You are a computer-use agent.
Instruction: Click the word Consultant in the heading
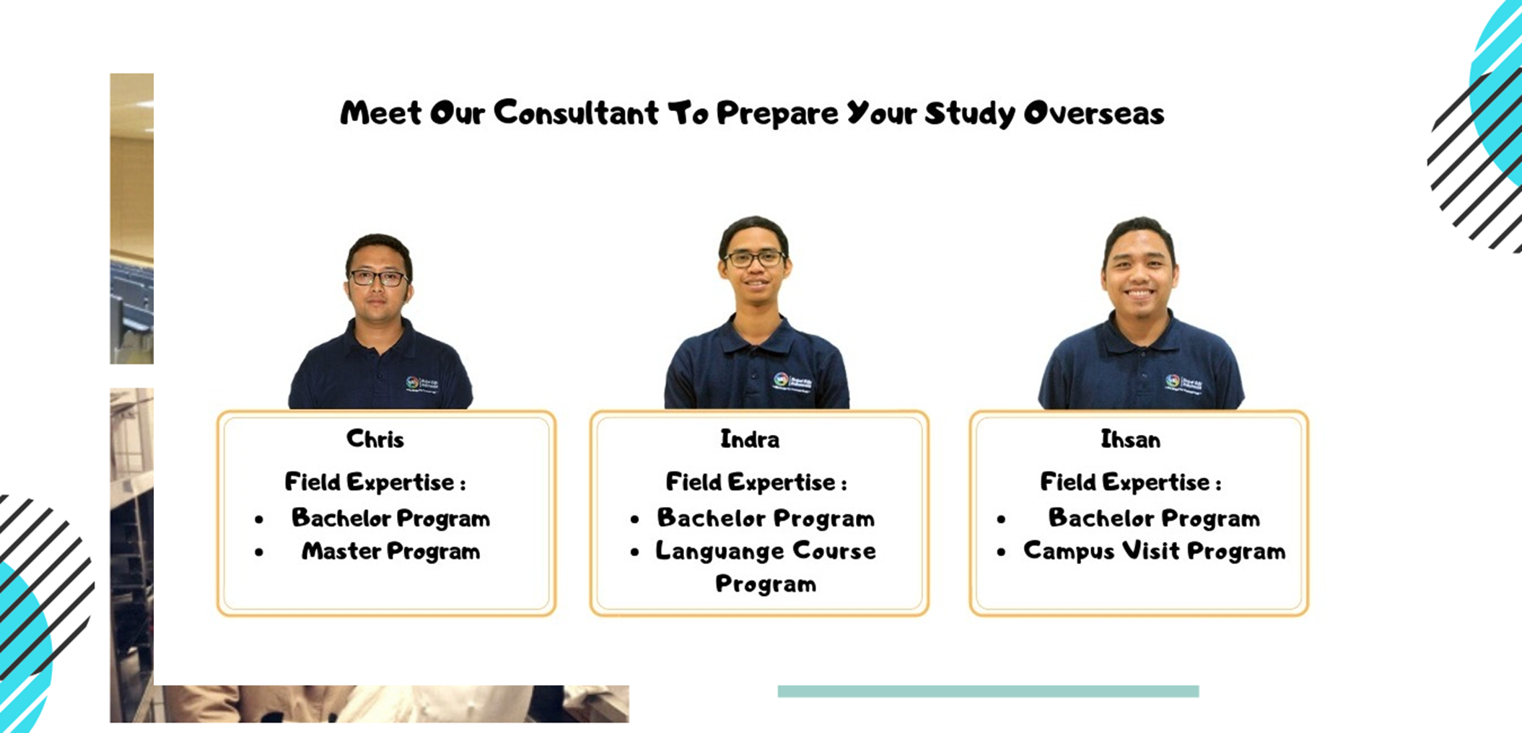(576, 113)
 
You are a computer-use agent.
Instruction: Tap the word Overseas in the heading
(1094, 113)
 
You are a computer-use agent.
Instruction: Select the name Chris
(375, 439)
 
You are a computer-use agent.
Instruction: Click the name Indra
(750, 439)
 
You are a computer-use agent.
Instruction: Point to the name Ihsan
(1130, 439)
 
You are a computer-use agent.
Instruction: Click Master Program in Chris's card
(390, 551)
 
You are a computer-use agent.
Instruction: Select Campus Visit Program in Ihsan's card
(1154, 551)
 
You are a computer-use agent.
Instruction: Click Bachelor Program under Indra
(766, 518)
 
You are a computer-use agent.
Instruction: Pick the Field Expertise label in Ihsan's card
(1130, 482)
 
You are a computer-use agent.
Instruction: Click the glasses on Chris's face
(377, 277)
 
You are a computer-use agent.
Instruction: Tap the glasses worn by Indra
(753, 258)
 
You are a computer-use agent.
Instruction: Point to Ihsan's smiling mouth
(1140, 294)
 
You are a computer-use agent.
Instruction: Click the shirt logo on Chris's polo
(423, 384)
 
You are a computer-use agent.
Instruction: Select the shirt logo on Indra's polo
(792, 381)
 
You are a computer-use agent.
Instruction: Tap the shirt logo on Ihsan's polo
(1184, 383)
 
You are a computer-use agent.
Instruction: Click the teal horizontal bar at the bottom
(988, 691)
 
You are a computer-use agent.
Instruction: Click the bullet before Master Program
(259, 553)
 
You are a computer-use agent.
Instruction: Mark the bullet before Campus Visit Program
(1001, 553)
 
